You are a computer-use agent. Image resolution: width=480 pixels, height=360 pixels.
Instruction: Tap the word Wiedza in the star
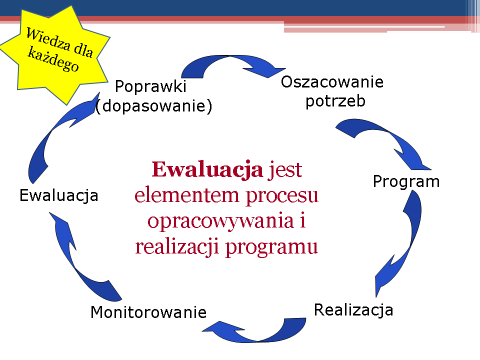(x=48, y=39)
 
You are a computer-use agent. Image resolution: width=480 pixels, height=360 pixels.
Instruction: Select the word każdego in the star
(x=53, y=59)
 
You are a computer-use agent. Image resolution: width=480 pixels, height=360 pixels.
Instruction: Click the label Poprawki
(x=150, y=86)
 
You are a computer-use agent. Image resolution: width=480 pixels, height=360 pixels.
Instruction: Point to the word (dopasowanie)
(x=153, y=106)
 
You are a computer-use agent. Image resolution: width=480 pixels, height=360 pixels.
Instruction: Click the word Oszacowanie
(x=332, y=82)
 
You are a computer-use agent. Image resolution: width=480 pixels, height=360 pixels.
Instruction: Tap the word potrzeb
(x=335, y=101)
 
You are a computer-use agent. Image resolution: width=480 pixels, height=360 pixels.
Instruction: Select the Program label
(x=406, y=182)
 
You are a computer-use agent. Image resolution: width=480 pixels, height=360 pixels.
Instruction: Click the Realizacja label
(x=353, y=310)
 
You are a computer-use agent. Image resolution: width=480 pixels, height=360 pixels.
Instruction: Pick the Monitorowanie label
(x=148, y=312)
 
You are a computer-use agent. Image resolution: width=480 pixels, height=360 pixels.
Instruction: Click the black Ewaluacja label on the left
(x=59, y=195)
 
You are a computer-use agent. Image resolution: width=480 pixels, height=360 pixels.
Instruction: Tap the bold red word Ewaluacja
(x=207, y=169)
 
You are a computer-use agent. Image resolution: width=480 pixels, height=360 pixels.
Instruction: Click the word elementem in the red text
(x=187, y=195)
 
